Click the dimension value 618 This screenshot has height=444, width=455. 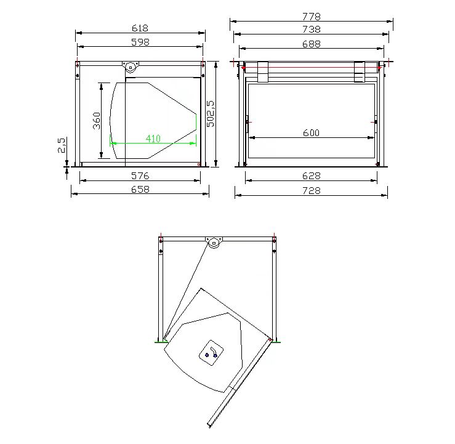click(x=140, y=28)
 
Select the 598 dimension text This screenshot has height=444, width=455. click(x=140, y=42)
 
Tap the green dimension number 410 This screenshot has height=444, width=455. click(x=153, y=139)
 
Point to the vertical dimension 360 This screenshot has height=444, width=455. click(x=97, y=121)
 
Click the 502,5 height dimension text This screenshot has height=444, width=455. click(x=211, y=114)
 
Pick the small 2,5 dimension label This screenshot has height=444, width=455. click(x=62, y=145)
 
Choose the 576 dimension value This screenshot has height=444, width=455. click(x=140, y=176)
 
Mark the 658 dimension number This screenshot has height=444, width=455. click(x=140, y=190)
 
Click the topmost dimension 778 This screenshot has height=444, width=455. click(x=312, y=17)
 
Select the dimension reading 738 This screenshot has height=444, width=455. click(x=312, y=30)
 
